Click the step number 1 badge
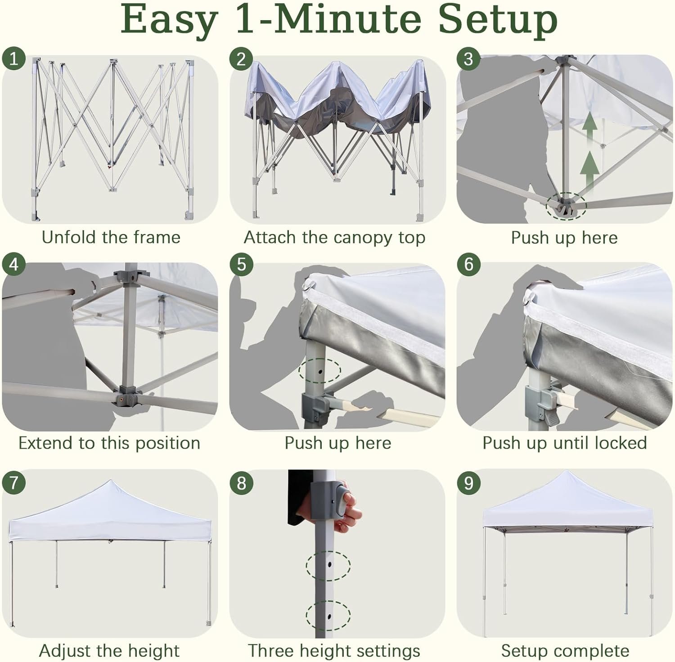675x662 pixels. pos(13,59)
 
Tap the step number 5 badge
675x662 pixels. pos(241,264)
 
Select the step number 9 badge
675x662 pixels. pos(469,483)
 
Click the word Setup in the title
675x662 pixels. pos(498,20)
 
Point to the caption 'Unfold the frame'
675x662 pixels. pos(111,237)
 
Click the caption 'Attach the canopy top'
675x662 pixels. pos(334,238)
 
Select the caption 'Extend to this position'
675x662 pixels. pos(109,443)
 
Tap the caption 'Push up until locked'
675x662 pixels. pos(565,443)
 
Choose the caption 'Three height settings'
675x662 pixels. pos(334,651)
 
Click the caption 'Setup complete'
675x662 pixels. pos(565,651)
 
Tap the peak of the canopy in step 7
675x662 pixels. pos(110,481)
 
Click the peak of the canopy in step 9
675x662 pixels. pos(567,472)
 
